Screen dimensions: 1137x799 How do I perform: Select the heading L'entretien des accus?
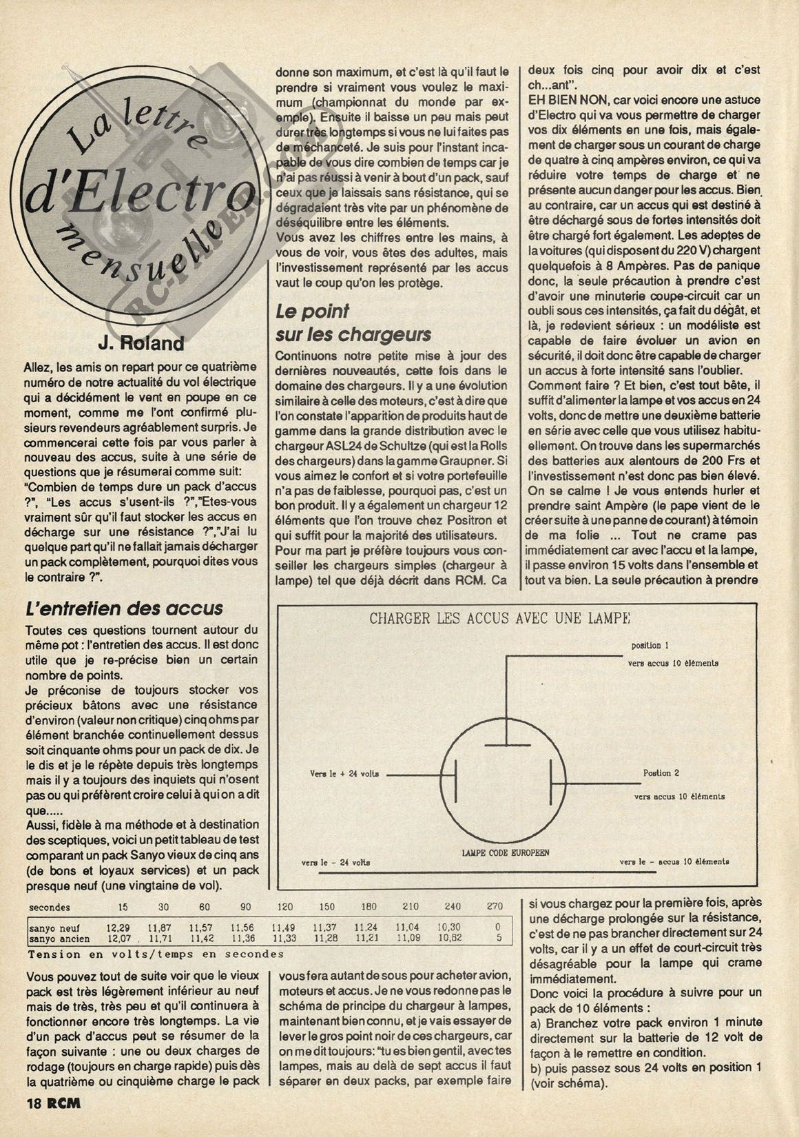[123, 608]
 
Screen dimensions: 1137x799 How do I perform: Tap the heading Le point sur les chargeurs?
[353, 323]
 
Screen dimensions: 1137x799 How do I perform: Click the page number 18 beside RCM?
[34, 1103]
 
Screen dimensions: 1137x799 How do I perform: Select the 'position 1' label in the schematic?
[650, 646]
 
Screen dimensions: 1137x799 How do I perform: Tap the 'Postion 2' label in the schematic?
[661, 773]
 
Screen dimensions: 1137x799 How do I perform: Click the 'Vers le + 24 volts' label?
[344, 774]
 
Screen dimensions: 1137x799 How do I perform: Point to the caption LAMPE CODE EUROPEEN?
[505, 852]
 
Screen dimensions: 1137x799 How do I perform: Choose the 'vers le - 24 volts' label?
[335, 862]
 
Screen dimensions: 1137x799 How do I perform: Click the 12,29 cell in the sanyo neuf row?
[118, 928]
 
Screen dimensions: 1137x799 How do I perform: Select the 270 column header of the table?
[495, 907]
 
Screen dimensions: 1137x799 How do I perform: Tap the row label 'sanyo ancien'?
[59, 938]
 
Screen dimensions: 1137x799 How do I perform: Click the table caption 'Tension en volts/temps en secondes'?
[156, 954]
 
